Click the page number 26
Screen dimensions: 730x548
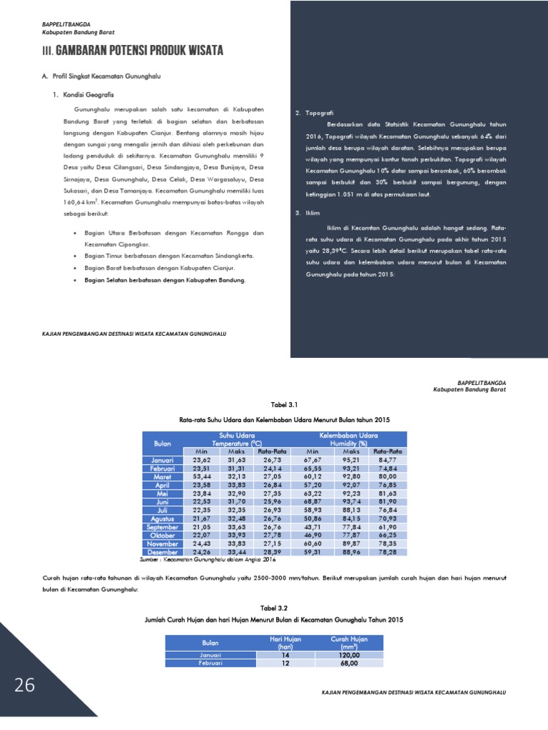point(25,686)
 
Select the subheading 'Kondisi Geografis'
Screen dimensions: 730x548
point(88,95)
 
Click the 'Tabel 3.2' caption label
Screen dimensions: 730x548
point(274,609)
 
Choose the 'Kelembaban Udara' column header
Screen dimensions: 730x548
point(350,436)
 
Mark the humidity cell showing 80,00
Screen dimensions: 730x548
point(387,477)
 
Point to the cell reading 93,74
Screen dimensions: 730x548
point(351,502)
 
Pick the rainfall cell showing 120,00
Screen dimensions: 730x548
point(350,654)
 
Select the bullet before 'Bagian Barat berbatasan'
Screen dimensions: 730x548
point(76,268)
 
